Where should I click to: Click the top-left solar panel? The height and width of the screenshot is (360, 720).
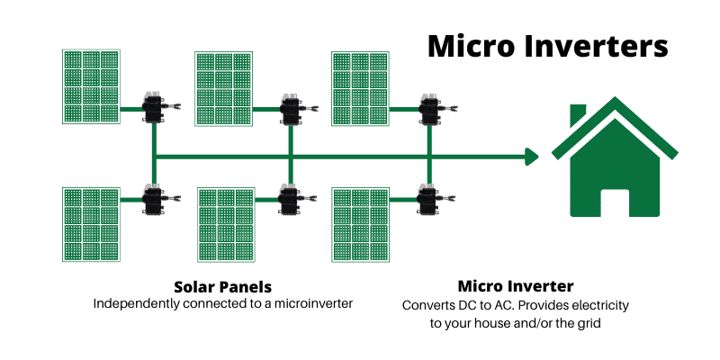point(91,86)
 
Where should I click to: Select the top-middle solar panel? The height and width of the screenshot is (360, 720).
point(223,88)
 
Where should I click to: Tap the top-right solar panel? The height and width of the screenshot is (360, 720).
point(360,88)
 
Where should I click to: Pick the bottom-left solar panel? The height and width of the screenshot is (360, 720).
point(91,224)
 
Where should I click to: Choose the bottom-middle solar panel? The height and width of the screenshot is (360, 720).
point(226,224)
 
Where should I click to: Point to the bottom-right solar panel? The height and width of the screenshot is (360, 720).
point(360,224)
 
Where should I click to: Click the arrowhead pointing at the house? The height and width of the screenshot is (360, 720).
point(532,157)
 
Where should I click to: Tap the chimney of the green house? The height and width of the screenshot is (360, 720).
point(578,114)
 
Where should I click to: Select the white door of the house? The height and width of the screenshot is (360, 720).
point(615,203)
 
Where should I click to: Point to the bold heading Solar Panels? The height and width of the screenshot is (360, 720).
point(222,287)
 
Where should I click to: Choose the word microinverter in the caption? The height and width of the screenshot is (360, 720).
point(313,303)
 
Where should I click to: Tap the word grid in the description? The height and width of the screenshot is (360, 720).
point(589,323)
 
